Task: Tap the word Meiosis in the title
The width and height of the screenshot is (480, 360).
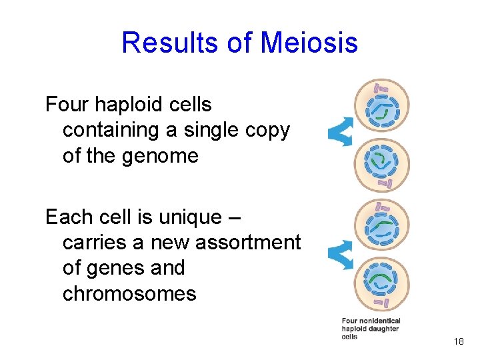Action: point(309,43)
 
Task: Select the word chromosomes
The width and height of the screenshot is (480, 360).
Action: point(129,294)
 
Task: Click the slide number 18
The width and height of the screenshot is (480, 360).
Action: point(458,342)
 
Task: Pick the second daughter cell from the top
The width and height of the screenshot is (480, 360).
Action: point(381,162)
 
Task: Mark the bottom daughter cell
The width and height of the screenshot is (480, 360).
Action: point(381,283)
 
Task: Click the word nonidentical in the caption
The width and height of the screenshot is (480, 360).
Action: point(380,321)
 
